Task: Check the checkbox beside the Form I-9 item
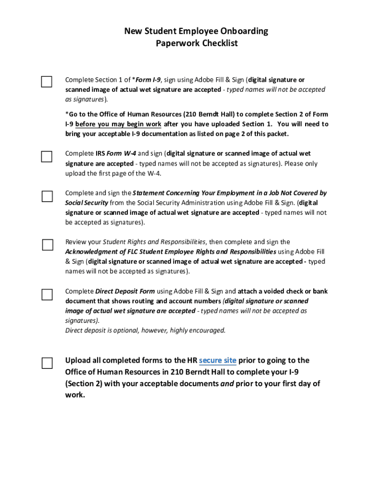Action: click(46, 82)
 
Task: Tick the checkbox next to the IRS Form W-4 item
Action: click(46, 157)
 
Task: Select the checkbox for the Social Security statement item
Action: click(47, 196)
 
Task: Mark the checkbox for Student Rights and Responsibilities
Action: click(47, 245)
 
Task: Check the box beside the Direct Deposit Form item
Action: click(47, 295)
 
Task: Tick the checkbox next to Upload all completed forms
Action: click(47, 363)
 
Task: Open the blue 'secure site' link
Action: click(217, 360)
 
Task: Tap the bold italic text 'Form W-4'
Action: click(121, 154)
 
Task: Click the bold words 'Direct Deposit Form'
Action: click(125, 291)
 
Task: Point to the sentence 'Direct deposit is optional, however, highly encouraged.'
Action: click(145, 331)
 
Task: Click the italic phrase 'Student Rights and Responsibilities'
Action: click(154, 242)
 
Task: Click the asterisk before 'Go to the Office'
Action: click(67, 114)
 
